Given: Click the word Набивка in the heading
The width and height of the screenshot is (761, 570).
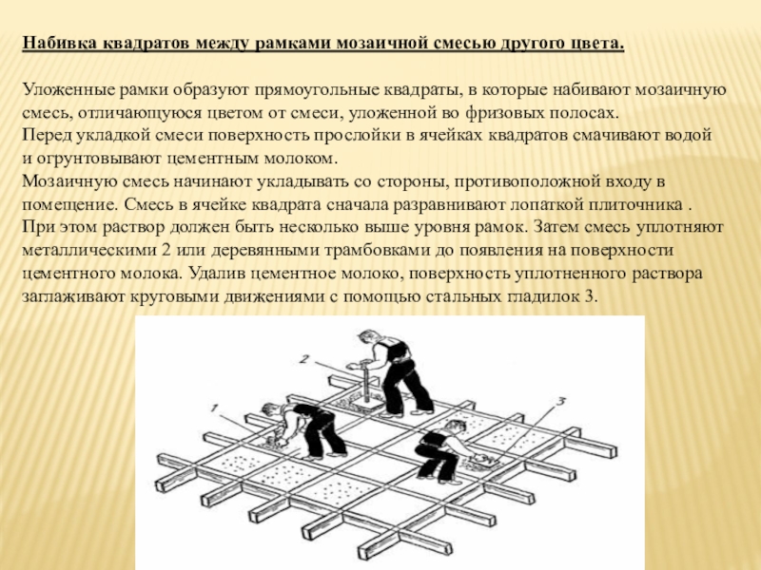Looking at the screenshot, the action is pos(59,43).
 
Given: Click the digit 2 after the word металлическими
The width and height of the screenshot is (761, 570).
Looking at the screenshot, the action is pos(165,251).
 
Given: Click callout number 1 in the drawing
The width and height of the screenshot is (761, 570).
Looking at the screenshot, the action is pos(213,408).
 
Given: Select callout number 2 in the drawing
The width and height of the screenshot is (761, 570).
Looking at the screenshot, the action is pos(304,359).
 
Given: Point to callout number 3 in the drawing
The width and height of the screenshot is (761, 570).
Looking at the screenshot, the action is pos(560,402).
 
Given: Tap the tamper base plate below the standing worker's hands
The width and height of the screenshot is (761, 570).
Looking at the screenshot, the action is pos(364,407).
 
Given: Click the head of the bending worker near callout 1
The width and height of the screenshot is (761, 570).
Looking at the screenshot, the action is pos(270,411).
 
